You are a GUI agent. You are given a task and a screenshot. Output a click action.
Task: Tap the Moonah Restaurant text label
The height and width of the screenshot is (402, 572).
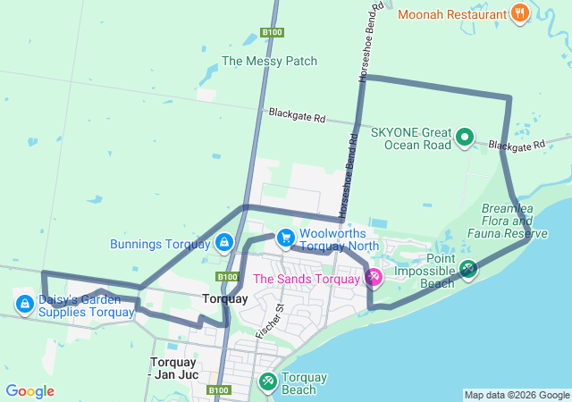tap(453, 13)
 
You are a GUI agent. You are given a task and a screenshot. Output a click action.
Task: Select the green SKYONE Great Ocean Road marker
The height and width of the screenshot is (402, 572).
tap(465, 137)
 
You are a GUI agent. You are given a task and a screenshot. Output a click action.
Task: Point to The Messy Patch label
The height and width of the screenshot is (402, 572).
tap(269, 62)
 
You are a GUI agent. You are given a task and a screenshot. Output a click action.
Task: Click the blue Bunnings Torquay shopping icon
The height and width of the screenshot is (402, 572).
tap(223, 242)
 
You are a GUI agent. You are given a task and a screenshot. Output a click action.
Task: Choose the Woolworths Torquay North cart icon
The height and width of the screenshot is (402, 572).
tap(285, 238)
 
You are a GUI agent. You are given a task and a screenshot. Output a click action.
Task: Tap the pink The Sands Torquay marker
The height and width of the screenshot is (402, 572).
tap(374, 279)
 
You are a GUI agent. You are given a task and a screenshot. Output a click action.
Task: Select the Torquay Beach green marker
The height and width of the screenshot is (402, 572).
tap(267, 381)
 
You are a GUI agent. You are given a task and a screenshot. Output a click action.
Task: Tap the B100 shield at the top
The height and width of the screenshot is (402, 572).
tap(273, 33)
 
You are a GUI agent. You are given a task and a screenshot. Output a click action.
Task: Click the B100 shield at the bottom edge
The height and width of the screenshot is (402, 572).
tap(219, 390)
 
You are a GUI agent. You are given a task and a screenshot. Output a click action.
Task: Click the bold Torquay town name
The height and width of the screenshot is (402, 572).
tap(225, 298)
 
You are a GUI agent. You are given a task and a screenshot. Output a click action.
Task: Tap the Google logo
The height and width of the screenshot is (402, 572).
tap(29, 391)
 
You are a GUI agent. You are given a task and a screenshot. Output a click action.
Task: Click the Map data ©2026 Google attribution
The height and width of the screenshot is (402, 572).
tap(517, 395)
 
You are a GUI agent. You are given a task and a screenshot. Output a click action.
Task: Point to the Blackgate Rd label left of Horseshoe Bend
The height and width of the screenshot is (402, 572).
tap(298, 115)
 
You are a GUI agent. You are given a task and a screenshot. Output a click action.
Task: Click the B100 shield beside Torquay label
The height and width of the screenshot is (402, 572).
tap(227, 277)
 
